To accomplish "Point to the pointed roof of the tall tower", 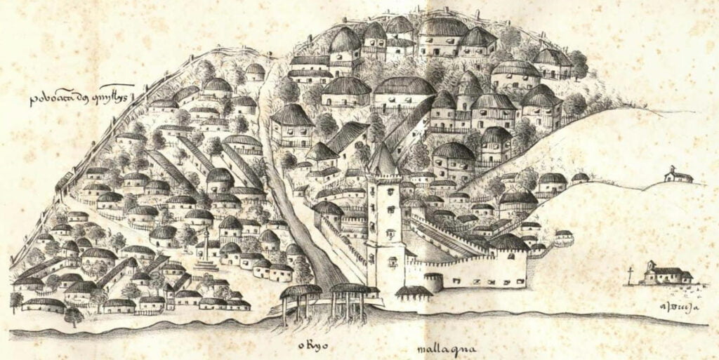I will click(383, 160).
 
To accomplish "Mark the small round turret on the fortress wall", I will click(433, 281).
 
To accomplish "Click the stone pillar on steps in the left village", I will click(206, 253).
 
